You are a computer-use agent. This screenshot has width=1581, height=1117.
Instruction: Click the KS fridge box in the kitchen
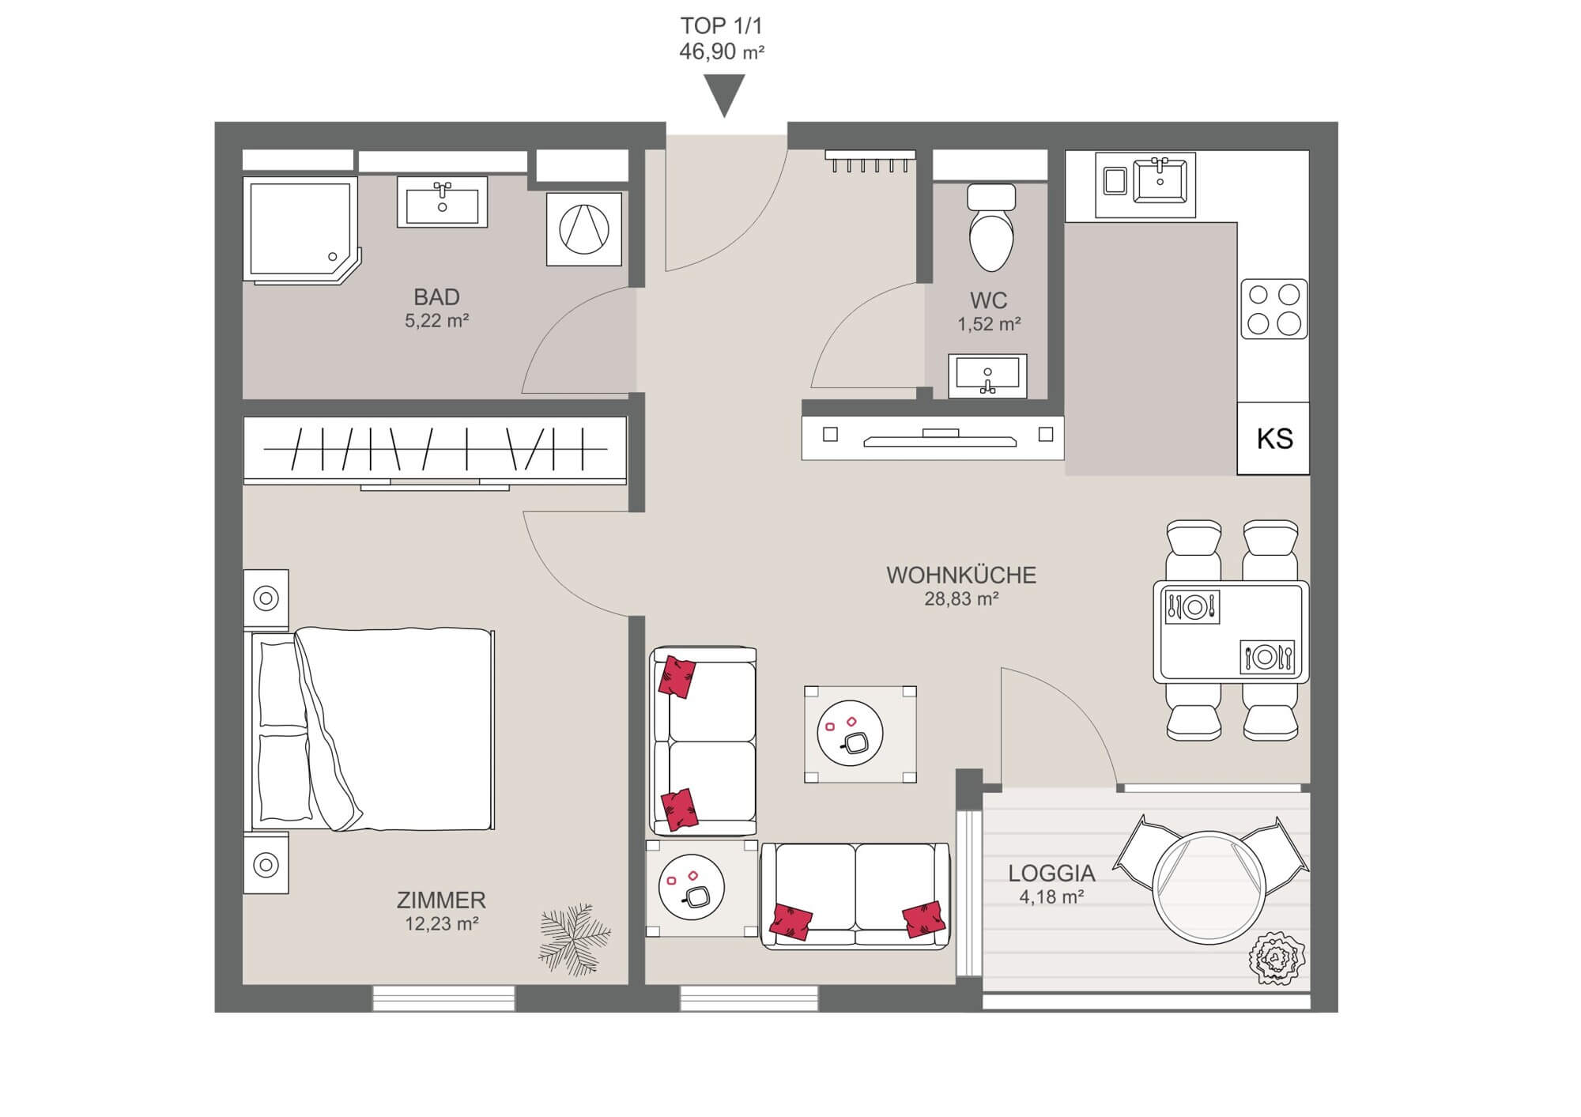(1273, 439)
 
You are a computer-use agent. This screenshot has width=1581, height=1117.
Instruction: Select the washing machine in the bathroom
(584, 228)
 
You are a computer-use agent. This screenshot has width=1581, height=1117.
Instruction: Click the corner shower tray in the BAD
(301, 229)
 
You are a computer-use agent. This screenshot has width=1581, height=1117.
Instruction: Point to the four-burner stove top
(1273, 308)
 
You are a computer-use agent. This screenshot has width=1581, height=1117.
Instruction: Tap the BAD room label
(436, 297)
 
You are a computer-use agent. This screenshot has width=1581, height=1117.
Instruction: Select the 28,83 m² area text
(961, 599)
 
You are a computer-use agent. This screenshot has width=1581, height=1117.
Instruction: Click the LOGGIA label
(1051, 874)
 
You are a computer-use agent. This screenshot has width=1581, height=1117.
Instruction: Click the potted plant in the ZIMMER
(575, 939)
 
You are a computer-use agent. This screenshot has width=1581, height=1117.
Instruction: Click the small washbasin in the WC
(987, 375)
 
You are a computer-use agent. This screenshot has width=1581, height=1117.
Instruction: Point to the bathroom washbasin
(442, 202)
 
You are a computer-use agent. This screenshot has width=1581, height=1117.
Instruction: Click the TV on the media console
(940, 439)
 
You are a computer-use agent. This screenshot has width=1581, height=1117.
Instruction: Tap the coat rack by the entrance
(870, 160)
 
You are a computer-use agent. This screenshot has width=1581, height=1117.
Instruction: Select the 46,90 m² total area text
(722, 52)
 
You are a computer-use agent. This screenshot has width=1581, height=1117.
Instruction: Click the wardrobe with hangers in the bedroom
(435, 451)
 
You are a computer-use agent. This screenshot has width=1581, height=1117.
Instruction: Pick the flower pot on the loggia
(1277, 958)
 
